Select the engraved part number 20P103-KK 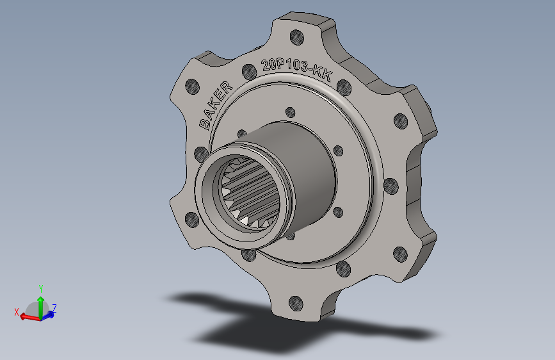296,69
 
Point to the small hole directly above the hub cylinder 289,110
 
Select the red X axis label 17,311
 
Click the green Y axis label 40,288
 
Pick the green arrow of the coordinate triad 40,304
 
